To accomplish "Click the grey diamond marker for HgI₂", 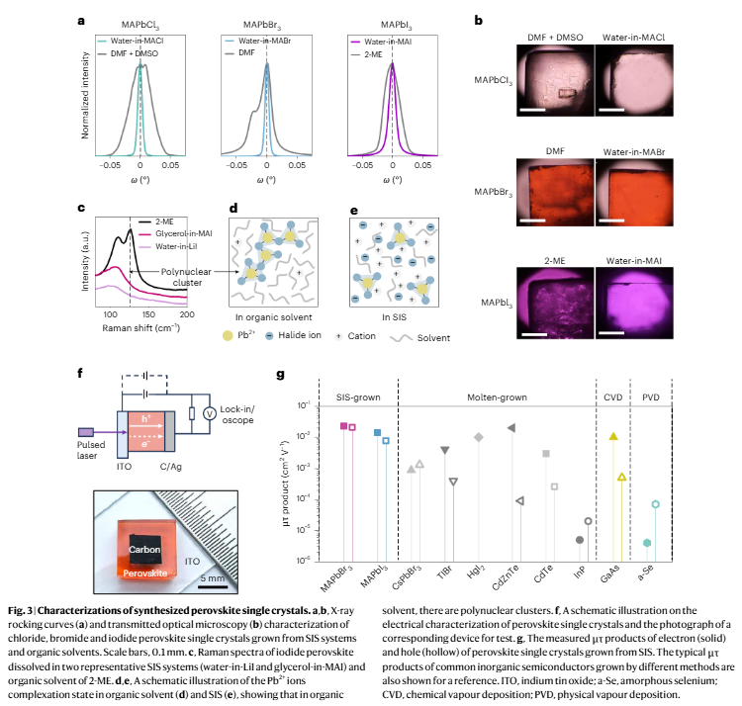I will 479,437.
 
